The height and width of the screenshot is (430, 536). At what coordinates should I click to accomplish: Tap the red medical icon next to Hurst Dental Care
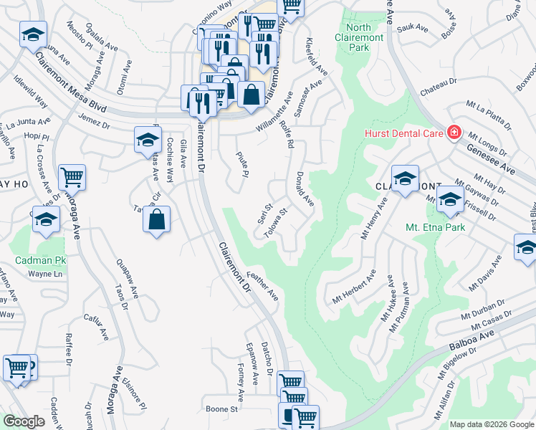tap(453, 132)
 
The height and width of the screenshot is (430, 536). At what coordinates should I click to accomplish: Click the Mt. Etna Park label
tap(436, 227)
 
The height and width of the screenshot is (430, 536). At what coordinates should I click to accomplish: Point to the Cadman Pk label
tap(32, 259)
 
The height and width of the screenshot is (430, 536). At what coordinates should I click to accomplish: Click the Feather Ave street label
tap(262, 285)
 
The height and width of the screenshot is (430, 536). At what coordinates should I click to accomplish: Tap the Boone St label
tap(221, 409)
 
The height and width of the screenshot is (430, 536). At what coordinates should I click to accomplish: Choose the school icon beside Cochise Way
tap(147, 138)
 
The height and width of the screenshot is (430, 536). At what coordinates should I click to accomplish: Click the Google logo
tap(24, 422)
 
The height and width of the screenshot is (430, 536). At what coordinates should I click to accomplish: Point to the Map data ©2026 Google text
tap(491, 424)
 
